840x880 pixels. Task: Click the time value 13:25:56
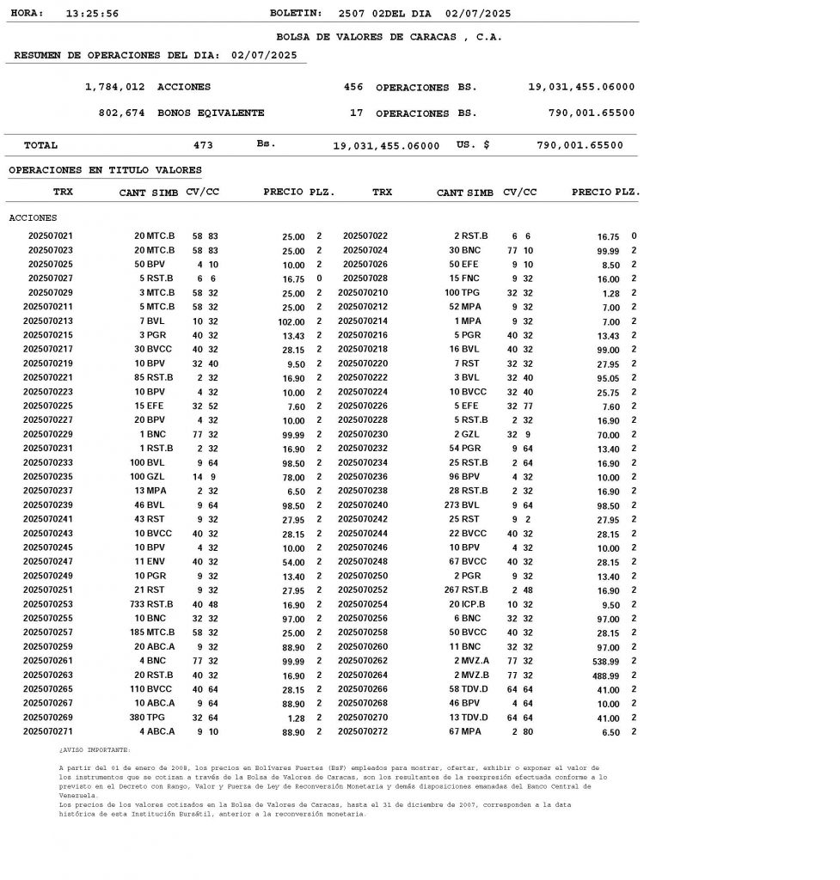pos(92,14)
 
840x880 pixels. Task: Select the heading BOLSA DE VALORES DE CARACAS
pos(389,37)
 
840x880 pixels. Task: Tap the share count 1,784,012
pos(115,88)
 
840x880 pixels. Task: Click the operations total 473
pos(204,146)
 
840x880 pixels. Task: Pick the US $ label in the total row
pos(473,145)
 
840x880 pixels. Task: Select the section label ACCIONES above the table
pos(33,218)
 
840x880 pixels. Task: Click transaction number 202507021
pos(51,236)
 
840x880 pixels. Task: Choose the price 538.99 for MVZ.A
pos(603,662)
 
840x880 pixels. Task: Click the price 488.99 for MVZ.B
pos(603,675)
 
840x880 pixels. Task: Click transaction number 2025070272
pos(363,732)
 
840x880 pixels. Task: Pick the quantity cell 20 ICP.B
pos(467,605)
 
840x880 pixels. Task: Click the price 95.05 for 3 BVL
pos(608,378)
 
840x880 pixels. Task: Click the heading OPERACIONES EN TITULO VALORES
pos(105,171)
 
